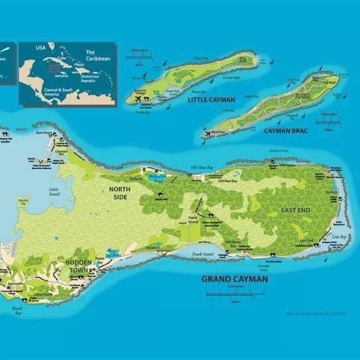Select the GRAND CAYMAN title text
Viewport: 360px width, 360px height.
click(235, 279)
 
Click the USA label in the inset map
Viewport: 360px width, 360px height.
click(42, 48)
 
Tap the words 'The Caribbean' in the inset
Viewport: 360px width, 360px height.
click(99, 55)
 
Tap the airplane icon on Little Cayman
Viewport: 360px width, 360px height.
click(139, 99)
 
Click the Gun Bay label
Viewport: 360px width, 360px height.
click(339, 236)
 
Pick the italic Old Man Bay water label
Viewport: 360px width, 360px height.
click(202, 166)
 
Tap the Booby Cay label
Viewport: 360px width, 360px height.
click(24, 200)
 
